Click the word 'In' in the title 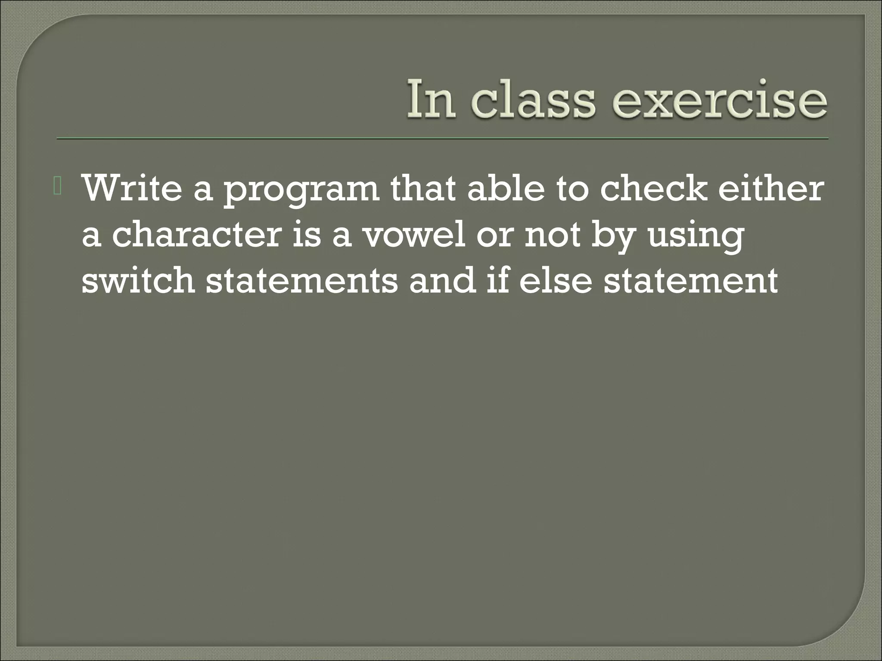pos(431,99)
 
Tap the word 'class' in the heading pos(532,99)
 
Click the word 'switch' pos(138,281)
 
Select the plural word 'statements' pos(301,281)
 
